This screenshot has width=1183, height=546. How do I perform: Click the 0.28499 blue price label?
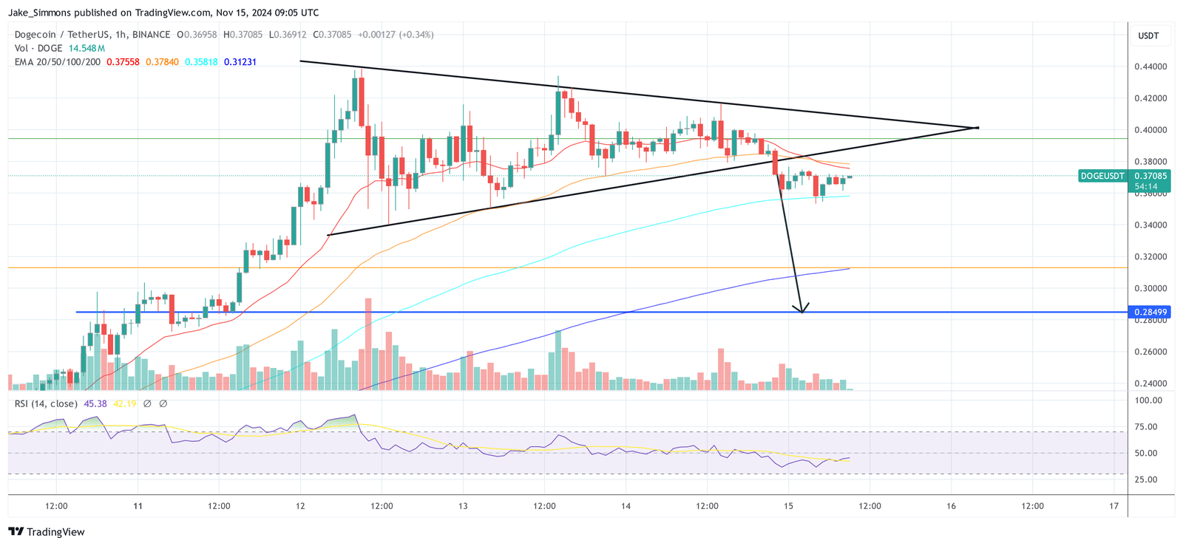coord(1150,313)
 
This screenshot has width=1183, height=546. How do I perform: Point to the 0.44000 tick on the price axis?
coord(1150,66)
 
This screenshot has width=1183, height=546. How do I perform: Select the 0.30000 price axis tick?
coord(1150,289)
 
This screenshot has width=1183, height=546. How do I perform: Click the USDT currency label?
coord(1148,35)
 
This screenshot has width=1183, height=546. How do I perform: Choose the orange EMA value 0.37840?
coord(162,62)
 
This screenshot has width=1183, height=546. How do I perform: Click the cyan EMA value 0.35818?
coord(201,62)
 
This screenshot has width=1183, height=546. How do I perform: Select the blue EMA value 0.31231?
coord(240,62)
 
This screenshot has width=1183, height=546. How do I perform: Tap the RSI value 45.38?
coord(95,403)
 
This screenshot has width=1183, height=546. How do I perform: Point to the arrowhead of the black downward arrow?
coord(801,311)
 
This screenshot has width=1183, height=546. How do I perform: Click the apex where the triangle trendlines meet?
coord(977,128)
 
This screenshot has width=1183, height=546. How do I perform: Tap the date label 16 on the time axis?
coord(951,506)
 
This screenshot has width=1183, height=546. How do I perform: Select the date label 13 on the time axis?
coord(463,506)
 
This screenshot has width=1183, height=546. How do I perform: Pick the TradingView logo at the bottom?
coord(47,532)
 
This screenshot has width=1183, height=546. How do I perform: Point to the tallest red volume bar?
coord(368,344)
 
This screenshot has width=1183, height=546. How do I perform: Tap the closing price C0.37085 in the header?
coord(332,35)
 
